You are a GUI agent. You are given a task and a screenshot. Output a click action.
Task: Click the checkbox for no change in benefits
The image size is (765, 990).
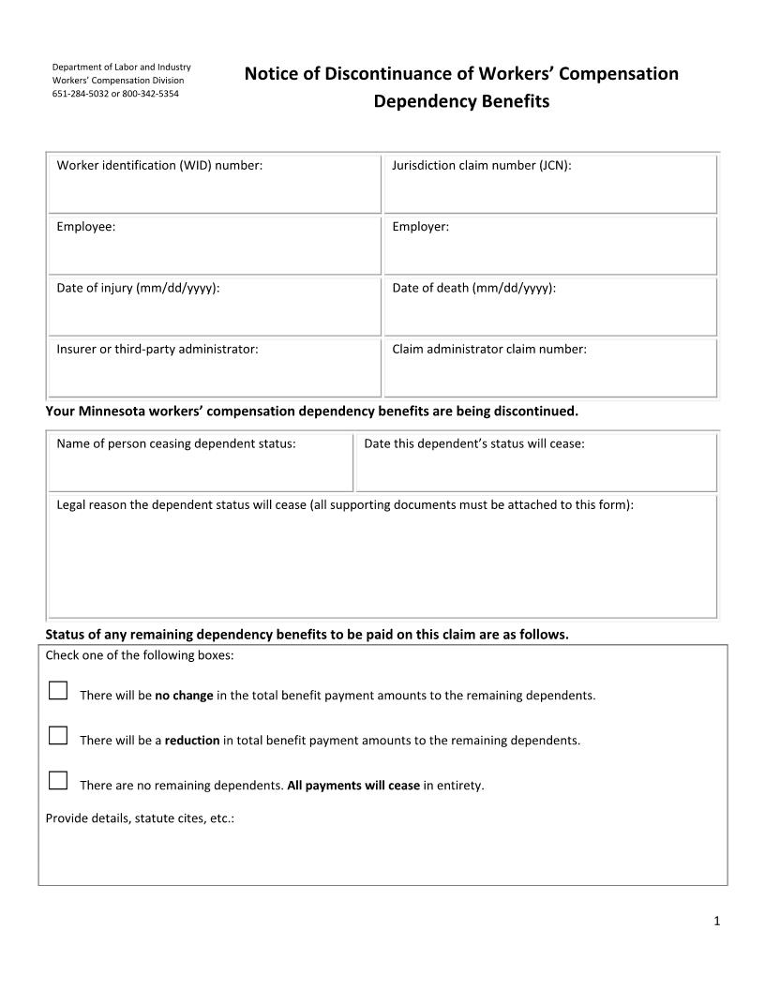(57, 692)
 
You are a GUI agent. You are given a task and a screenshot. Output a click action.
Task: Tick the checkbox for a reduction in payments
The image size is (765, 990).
(57, 736)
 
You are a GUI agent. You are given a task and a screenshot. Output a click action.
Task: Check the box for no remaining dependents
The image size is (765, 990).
(57, 781)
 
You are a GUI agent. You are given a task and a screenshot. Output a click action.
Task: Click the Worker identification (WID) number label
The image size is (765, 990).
(159, 165)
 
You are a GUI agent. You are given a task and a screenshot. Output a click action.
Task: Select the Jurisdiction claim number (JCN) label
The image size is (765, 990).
(481, 165)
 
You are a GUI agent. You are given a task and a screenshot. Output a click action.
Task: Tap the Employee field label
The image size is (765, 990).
(86, 226)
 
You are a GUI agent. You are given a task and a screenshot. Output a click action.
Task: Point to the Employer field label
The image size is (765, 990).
(420, 226)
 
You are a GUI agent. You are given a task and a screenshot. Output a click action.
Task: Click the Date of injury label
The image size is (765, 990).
(138, 288)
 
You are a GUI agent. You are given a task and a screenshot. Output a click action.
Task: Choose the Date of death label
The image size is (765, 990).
(473, 288)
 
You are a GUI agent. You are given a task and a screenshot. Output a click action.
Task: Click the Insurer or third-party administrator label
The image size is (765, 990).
(157, 349)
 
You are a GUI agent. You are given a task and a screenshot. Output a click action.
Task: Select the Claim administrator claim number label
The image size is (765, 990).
(488, 349)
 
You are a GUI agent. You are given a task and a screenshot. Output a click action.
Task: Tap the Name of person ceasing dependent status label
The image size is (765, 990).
(176, 443)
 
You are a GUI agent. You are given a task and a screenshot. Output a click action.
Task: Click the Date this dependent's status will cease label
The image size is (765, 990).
(473, 443)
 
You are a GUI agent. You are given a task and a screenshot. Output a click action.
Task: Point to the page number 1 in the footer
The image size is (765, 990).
(716, 921)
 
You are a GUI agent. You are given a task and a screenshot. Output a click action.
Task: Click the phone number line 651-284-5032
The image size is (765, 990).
(115, 94)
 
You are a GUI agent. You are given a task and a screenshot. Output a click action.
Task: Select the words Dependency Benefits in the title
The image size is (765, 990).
(461, 101)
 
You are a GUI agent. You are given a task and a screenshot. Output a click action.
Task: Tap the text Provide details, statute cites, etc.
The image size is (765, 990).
(140, 817)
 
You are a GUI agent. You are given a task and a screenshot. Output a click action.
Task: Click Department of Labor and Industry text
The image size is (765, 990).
(121, 67)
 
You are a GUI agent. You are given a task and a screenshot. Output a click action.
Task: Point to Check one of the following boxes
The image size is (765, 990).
(140, 655)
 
